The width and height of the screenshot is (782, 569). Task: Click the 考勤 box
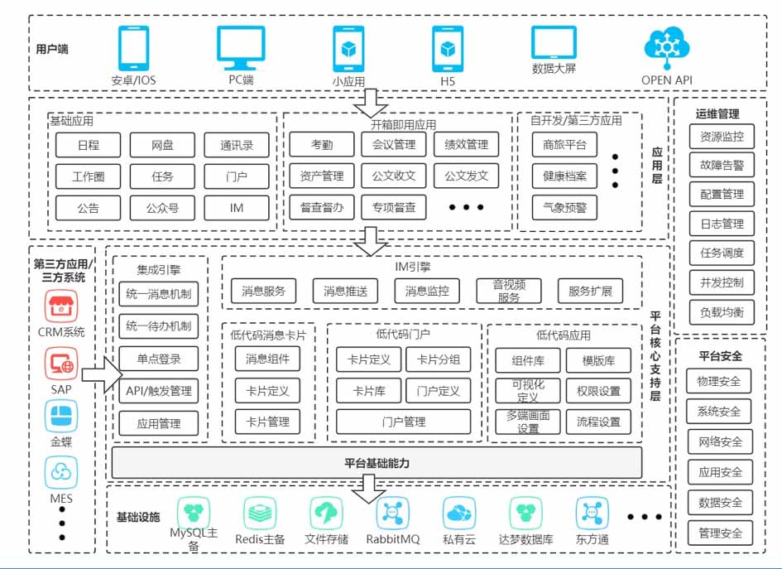pos(322,145)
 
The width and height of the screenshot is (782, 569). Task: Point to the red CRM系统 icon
pos(60,306)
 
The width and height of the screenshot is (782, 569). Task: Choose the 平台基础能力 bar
pos(377,462)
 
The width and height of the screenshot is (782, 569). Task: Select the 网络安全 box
pos(719,441)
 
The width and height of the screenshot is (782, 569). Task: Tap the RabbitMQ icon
pos(392,514)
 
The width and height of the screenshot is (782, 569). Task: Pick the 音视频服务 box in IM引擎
pos(509,291)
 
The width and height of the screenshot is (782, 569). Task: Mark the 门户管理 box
pos(403,422)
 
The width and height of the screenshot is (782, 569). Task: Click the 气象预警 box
pos(564,208)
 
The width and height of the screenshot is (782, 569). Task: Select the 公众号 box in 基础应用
pos(162,208)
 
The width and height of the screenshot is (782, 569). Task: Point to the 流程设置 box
pos(598,422)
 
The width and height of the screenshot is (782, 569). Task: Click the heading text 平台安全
pos(720,356)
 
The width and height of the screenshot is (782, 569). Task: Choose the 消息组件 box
pos(267,359)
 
